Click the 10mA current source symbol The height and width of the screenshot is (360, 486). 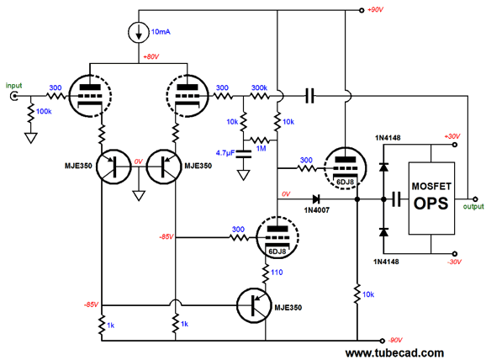point(139,32)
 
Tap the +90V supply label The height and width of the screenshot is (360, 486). point(375,10)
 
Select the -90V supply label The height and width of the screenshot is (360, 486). point(394,340)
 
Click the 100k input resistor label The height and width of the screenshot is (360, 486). point(44,111)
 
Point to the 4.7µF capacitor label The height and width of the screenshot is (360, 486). point(225,153)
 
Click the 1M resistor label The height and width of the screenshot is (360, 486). point(261,149)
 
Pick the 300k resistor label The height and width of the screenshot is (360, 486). point(259,87)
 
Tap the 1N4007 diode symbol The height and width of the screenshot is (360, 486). point(316,199)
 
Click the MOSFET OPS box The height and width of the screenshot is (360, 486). point(431,199)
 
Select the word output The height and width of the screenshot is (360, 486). point(473,207)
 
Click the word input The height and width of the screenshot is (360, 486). point(14,86)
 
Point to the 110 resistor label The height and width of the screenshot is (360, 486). point(277,273)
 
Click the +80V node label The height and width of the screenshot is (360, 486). point(151,57)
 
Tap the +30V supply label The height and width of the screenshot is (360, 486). point(452,136)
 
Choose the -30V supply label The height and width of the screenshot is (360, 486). point(454,262)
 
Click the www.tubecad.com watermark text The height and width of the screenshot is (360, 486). point(394,353)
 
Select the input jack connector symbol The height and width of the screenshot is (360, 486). point(13,96)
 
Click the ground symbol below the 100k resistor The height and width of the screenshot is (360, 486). point(30,138)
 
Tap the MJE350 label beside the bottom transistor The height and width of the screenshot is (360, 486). point(288,308)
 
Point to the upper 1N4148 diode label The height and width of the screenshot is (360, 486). point(388,138)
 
